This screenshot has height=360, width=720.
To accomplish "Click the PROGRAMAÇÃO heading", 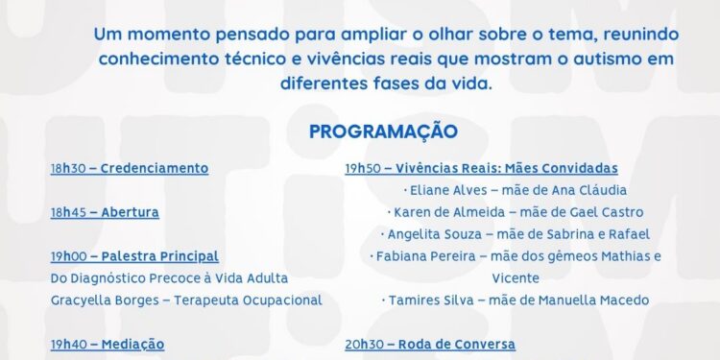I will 383,131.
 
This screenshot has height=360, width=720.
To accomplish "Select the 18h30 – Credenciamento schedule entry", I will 130,168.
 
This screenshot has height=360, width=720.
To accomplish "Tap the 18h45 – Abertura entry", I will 105,212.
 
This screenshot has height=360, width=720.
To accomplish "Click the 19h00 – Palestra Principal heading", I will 134,256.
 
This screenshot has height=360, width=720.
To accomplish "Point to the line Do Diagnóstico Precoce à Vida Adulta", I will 169,278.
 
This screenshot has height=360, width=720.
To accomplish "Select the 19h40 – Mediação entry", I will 108,344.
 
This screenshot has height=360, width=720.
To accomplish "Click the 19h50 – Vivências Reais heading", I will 481,168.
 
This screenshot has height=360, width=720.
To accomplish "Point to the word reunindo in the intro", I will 631,34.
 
